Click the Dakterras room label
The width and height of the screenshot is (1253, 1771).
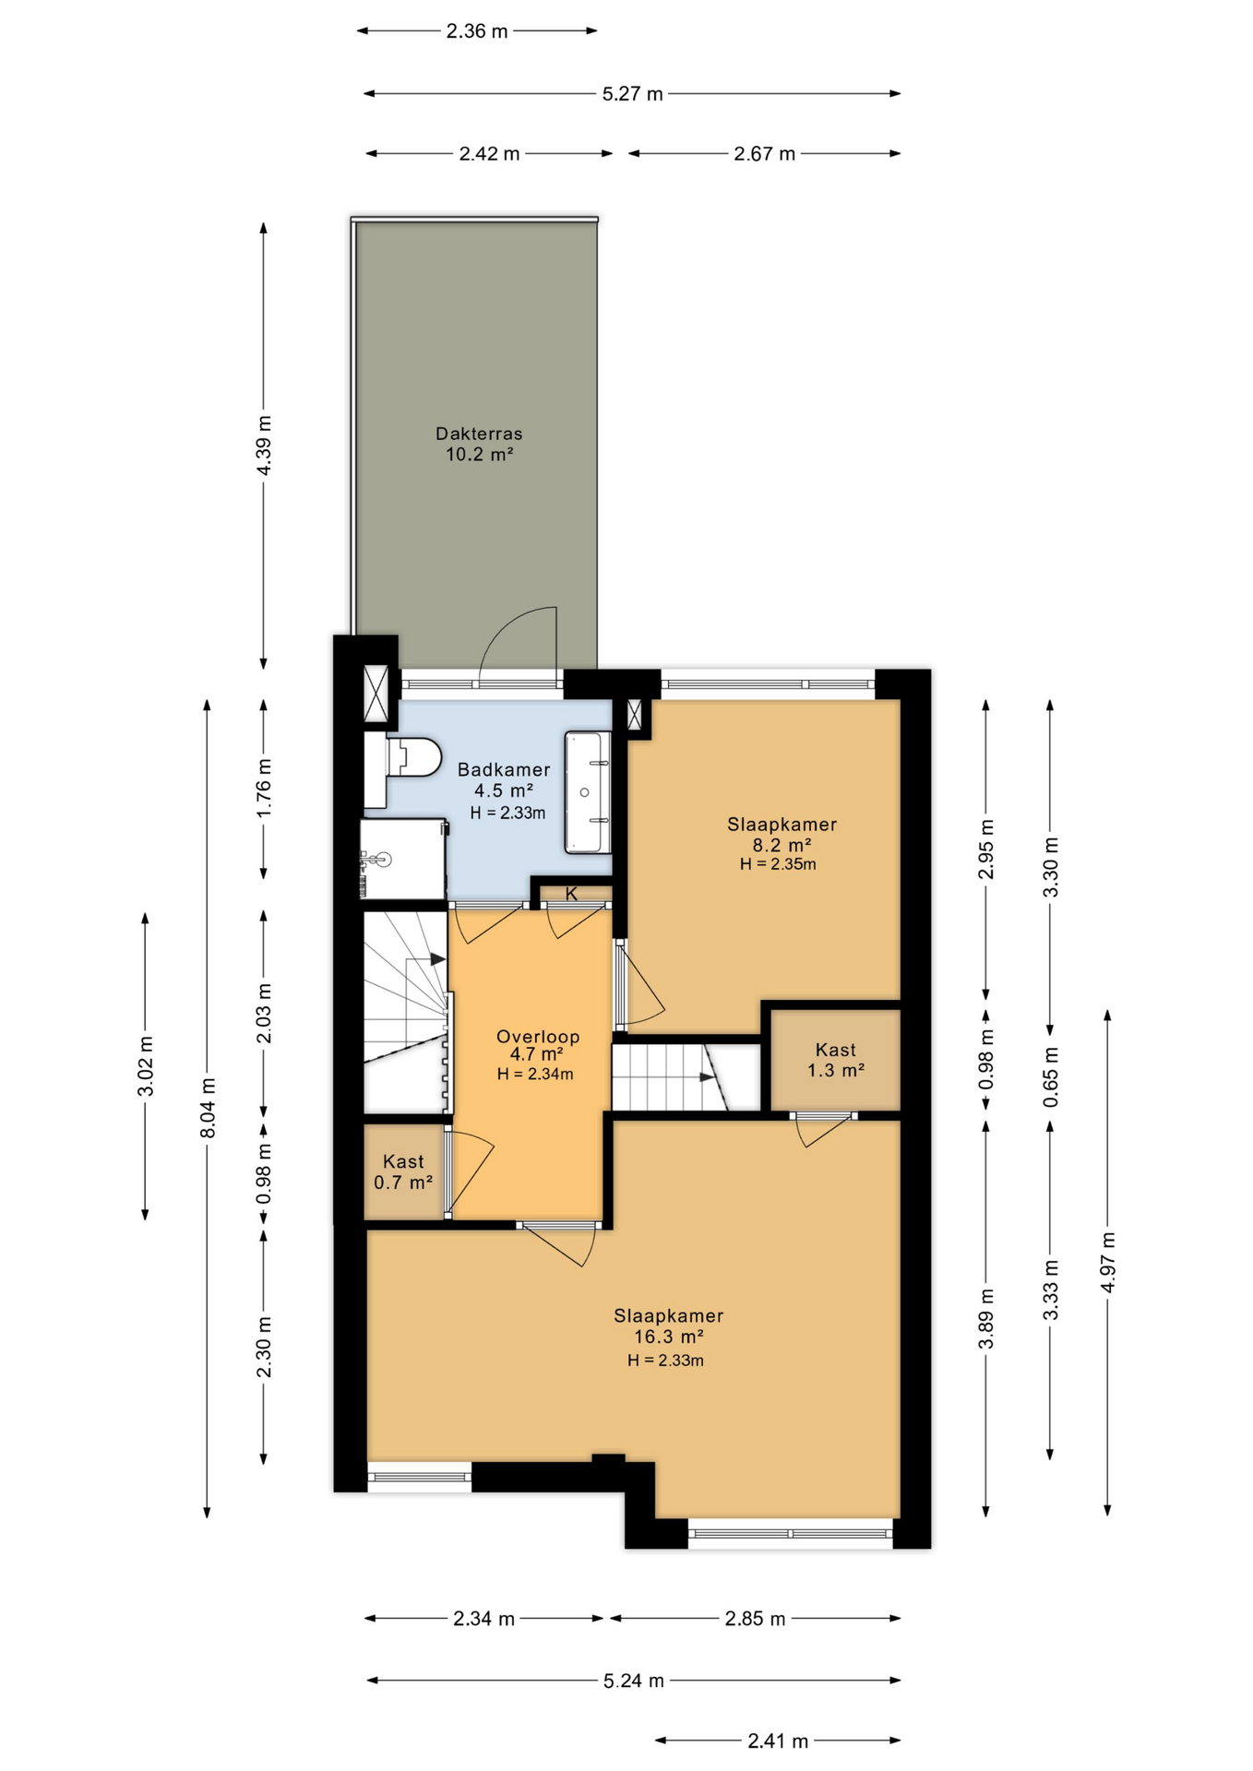(479, 434)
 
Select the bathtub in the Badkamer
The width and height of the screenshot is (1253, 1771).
(588, 791)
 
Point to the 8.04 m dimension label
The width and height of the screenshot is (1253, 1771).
(209, 1108)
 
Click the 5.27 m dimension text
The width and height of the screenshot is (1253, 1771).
(633, 94)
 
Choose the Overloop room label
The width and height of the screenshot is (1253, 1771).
(538, 1037)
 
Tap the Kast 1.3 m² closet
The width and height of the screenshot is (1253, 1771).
(835, 1061)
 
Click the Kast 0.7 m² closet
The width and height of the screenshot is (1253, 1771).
(403, 1171)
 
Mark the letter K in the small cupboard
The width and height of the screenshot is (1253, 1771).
(571, 894)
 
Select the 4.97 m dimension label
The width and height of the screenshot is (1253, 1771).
(1108, 1262)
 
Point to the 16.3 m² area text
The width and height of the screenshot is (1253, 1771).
(669, 1337)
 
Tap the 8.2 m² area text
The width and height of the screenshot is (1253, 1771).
(782, 845)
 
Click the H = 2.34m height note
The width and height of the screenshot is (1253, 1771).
(535, 1074)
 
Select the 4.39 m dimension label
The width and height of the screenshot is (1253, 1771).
(265, 446)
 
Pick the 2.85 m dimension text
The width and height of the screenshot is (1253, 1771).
(755, 1619)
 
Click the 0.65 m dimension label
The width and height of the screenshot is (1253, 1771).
(1051, 1077)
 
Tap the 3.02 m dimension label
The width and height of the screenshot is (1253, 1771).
(146, 1066)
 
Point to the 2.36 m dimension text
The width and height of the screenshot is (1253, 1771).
(477, 31)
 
